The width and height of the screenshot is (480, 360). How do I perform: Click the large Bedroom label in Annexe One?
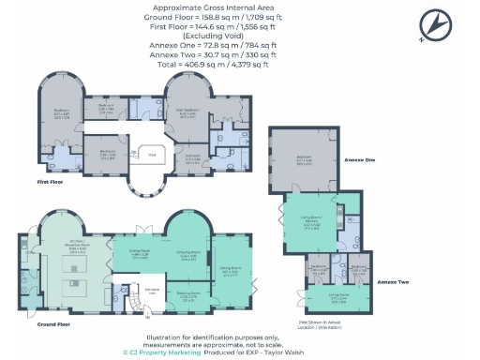(305, 158)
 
